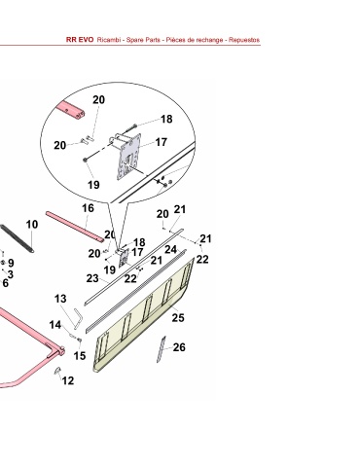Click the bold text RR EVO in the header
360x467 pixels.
click(80, 40)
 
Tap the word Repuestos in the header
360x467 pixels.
click(244, 40)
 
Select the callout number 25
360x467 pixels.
click(178, 318)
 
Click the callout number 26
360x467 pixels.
click(179, 347)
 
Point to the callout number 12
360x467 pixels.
click(68, 380)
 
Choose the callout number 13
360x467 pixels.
click(60, 299)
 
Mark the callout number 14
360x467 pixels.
click(55, 325)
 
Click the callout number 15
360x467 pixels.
click(80, 356)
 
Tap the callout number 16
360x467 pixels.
click(88, 208)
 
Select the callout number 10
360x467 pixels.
click(32, 224)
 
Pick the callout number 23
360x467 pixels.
click(92, 278)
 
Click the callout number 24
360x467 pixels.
click(170, 249)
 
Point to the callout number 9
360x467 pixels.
click(11, 263)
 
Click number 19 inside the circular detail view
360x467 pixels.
click(93, 185)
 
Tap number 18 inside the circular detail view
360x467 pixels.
click(166, 119)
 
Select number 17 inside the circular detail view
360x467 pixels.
click(162, 142)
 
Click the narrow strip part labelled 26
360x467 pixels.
click(162, 349)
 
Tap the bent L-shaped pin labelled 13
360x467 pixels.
click(77, 319)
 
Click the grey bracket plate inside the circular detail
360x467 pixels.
click(128, 157)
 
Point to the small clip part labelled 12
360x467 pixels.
click(57, 371)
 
